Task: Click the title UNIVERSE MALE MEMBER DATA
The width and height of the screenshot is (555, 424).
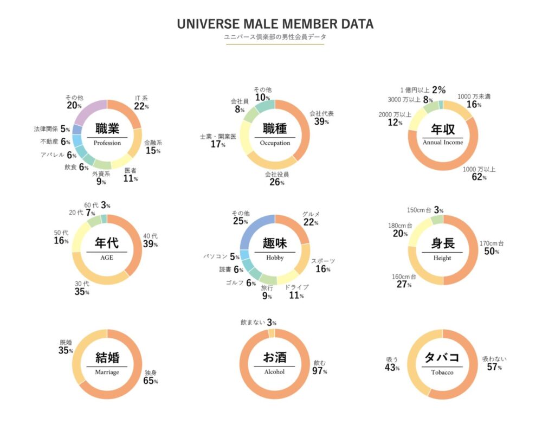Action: pyautogui.click(x=275, y=24)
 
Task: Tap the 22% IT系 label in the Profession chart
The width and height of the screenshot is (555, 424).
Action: pyautogui.click(x=141, y=103)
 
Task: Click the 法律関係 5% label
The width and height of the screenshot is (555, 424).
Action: pyautogui.click(x=52, y=129)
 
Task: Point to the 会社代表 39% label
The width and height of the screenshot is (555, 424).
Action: pyautogui.click(x=321, y=118)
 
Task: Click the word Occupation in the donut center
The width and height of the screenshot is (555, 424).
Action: pyautogui.click(x=275, y=143)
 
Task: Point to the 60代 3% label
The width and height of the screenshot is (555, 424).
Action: pyautogui.click(x=98, y=205)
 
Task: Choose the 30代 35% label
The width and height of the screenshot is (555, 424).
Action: pyautogui.click(x=82, y=287)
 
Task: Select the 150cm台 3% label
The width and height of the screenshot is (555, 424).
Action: pyautogui.click(x=425, y=210)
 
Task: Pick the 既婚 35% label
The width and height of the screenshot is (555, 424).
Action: pyautogui.click(x=66, y=346)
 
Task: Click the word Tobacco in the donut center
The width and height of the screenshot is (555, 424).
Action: pyautogui.click(x=442, y=372)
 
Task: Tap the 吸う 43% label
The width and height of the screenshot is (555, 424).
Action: pyautogui.click(x=392, y=364)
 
